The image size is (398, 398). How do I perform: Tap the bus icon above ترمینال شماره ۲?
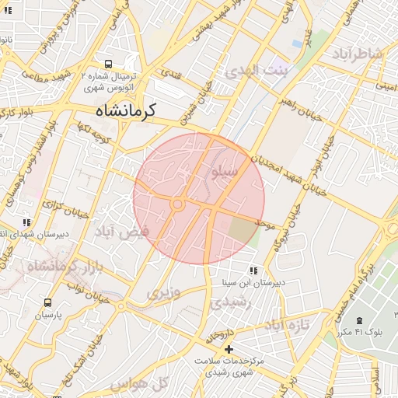tap(107, 65)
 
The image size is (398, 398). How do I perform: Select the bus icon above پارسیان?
tap(48, 303)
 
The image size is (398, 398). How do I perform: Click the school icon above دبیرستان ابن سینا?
tap(253, 271)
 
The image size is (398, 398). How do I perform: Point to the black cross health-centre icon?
tap(229, 350)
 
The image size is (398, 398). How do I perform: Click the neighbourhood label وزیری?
tap(164, 292)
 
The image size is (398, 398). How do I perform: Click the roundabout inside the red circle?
tap(178, 204)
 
